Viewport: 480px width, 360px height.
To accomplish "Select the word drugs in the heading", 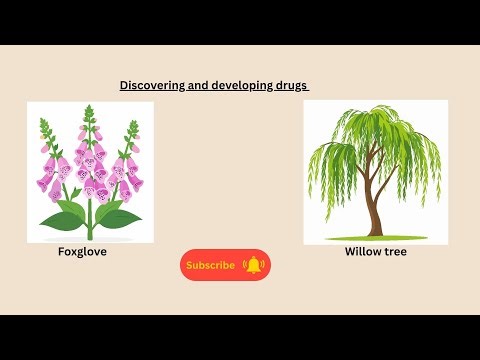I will click(291, 86).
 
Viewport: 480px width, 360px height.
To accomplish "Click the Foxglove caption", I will click(82, 252).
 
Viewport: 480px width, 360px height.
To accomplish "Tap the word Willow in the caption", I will click(361, 252).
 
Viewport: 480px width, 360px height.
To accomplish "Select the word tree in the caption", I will click(394, 252).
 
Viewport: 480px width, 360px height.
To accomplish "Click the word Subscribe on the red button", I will click(211, 265).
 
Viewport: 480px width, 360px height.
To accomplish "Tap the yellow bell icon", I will click(253, 265).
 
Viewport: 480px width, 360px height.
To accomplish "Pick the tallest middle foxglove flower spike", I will click(91, 160).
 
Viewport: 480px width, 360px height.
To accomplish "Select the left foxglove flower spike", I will click(52, 165).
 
